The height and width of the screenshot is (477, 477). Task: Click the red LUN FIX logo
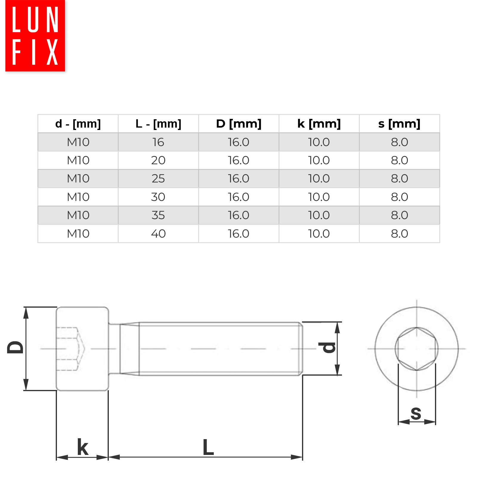[35, 36]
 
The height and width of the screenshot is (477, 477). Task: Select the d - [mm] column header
[78, 124]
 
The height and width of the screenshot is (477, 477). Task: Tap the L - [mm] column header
[158, 124]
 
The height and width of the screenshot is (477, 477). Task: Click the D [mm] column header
[239, 124]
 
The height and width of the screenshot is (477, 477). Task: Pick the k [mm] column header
[319, 124]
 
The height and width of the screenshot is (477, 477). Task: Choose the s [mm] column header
[399, 124]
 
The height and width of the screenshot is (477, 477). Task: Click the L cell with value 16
[158, 142]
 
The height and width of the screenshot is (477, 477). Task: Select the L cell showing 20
[158, 160]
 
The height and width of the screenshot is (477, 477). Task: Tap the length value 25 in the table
[158, 179]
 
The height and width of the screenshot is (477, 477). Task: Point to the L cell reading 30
[158, 197]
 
